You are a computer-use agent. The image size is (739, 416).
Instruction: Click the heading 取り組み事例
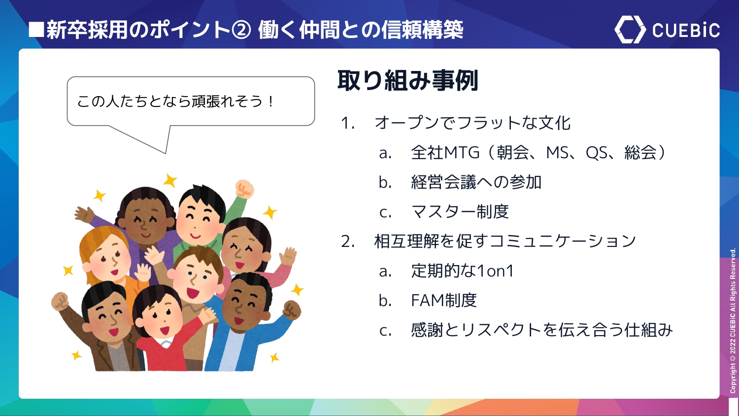[408, 80]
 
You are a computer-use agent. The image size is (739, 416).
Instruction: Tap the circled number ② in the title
[241, 30]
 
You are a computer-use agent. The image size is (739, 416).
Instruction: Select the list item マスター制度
[460, 211]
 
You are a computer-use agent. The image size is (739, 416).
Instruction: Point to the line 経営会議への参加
[476, 182]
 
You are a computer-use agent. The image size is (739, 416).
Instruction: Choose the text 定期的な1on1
[462, 271]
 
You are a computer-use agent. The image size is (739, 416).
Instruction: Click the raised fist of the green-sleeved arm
[244, 189]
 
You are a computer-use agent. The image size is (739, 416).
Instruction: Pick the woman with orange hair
[109, 261]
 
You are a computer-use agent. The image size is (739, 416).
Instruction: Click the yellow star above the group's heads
[170, 180]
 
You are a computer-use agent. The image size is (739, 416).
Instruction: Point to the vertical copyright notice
[733, 320]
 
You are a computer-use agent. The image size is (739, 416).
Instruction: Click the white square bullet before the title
[36, 30]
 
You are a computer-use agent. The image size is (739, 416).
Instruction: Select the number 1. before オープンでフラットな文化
[348, 123]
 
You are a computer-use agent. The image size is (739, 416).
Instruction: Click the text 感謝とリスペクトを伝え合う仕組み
[542, 330]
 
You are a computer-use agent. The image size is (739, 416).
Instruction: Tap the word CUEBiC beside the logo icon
[686, 31]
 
